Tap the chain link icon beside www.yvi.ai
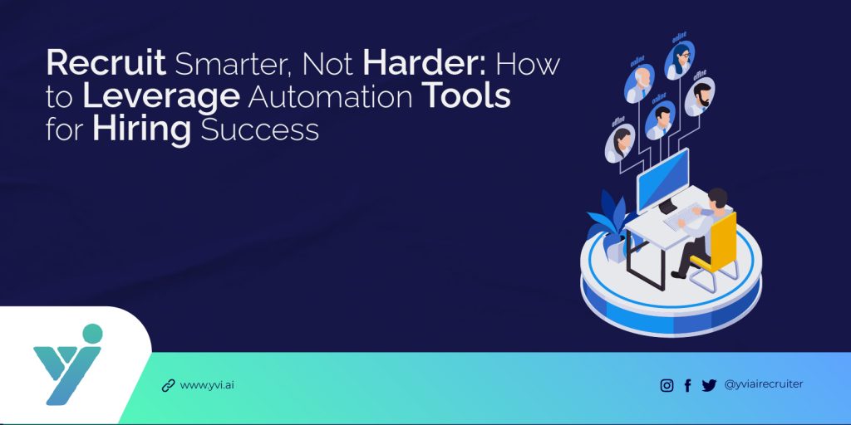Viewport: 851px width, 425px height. (168, 385)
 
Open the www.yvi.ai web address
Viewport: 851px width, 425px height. (207, 385)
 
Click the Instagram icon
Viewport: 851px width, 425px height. (667, 385)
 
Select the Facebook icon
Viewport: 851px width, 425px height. (687, 385)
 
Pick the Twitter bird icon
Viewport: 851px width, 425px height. (709, 385)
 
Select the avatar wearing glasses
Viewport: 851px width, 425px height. (681, 58)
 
